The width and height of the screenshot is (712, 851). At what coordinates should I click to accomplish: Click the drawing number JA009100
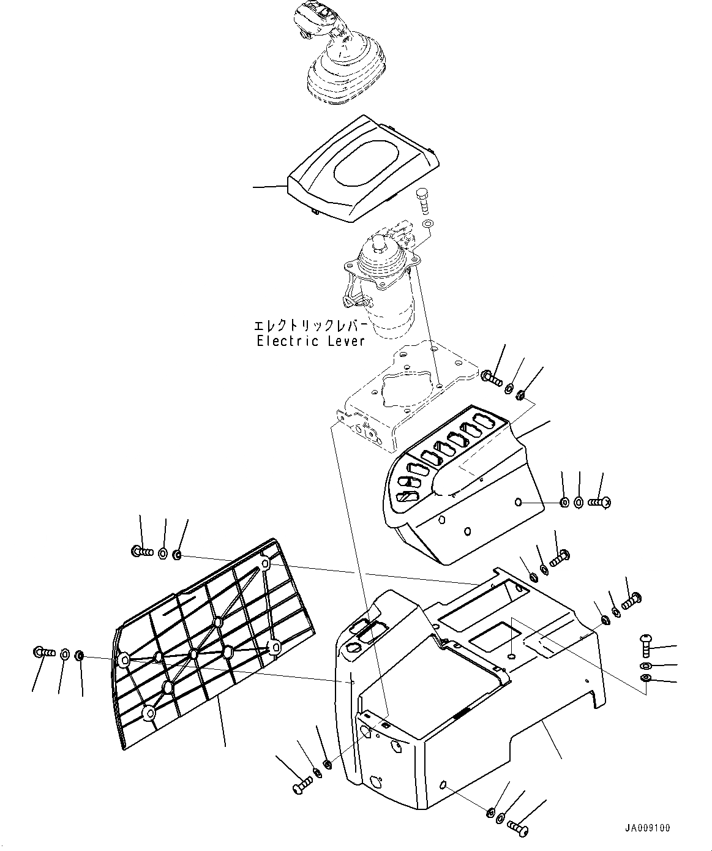coord(647,828)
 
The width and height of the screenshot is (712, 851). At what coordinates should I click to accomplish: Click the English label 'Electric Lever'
coord(311,341)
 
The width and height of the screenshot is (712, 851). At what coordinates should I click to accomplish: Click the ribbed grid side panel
coord(211,637)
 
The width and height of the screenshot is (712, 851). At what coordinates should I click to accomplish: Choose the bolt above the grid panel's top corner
coord(141,551)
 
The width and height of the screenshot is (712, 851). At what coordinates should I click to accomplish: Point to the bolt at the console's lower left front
coord(299,785)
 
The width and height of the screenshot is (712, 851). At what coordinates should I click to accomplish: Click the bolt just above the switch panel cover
coord(490,377)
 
